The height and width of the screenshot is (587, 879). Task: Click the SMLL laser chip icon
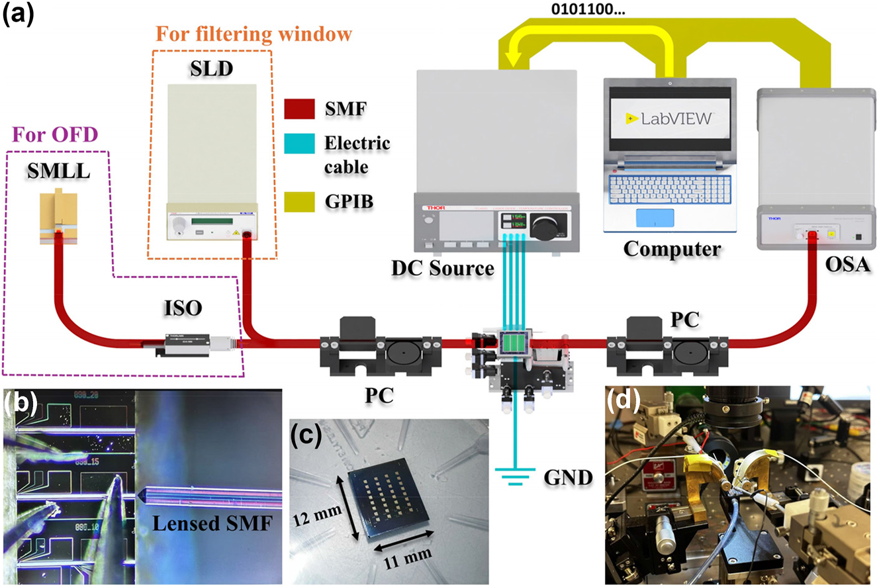point(60,216)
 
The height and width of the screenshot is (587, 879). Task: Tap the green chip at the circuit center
point(514,343)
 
